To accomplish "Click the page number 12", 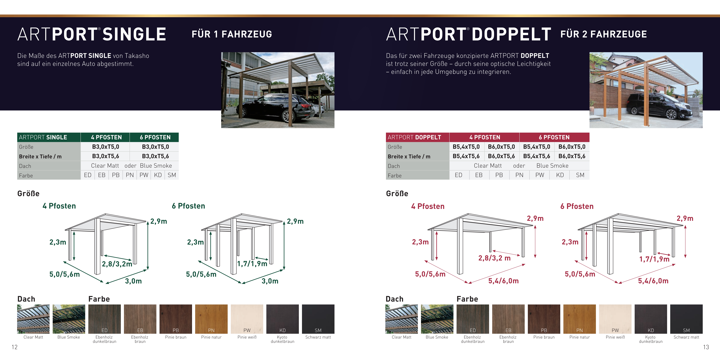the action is tap(15, 347).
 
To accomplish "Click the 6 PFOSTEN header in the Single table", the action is tap(155, 137).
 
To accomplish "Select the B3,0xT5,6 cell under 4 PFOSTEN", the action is tap(106, 156).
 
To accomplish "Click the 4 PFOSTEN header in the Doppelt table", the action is tap(485, 137).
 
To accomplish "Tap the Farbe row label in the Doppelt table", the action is tap(395, 175).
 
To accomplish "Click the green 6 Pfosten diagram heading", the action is tap(188, 206).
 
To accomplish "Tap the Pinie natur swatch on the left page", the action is tap(211, 319).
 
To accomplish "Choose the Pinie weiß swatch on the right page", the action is tap(615, 319).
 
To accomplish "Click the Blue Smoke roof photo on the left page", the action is tap(69, 319).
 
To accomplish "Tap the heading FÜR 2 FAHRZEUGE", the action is tap(603, 34).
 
